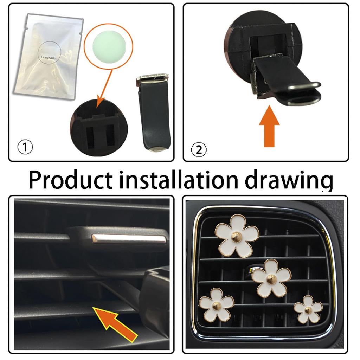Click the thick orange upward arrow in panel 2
pos(269,126)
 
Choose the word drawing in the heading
pos(289,181)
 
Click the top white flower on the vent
pos(237,236)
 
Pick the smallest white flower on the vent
pos(308,309)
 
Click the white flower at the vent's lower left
pos(217,305)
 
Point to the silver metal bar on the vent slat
pos(129,239)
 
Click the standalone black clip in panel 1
pos(154,112)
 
